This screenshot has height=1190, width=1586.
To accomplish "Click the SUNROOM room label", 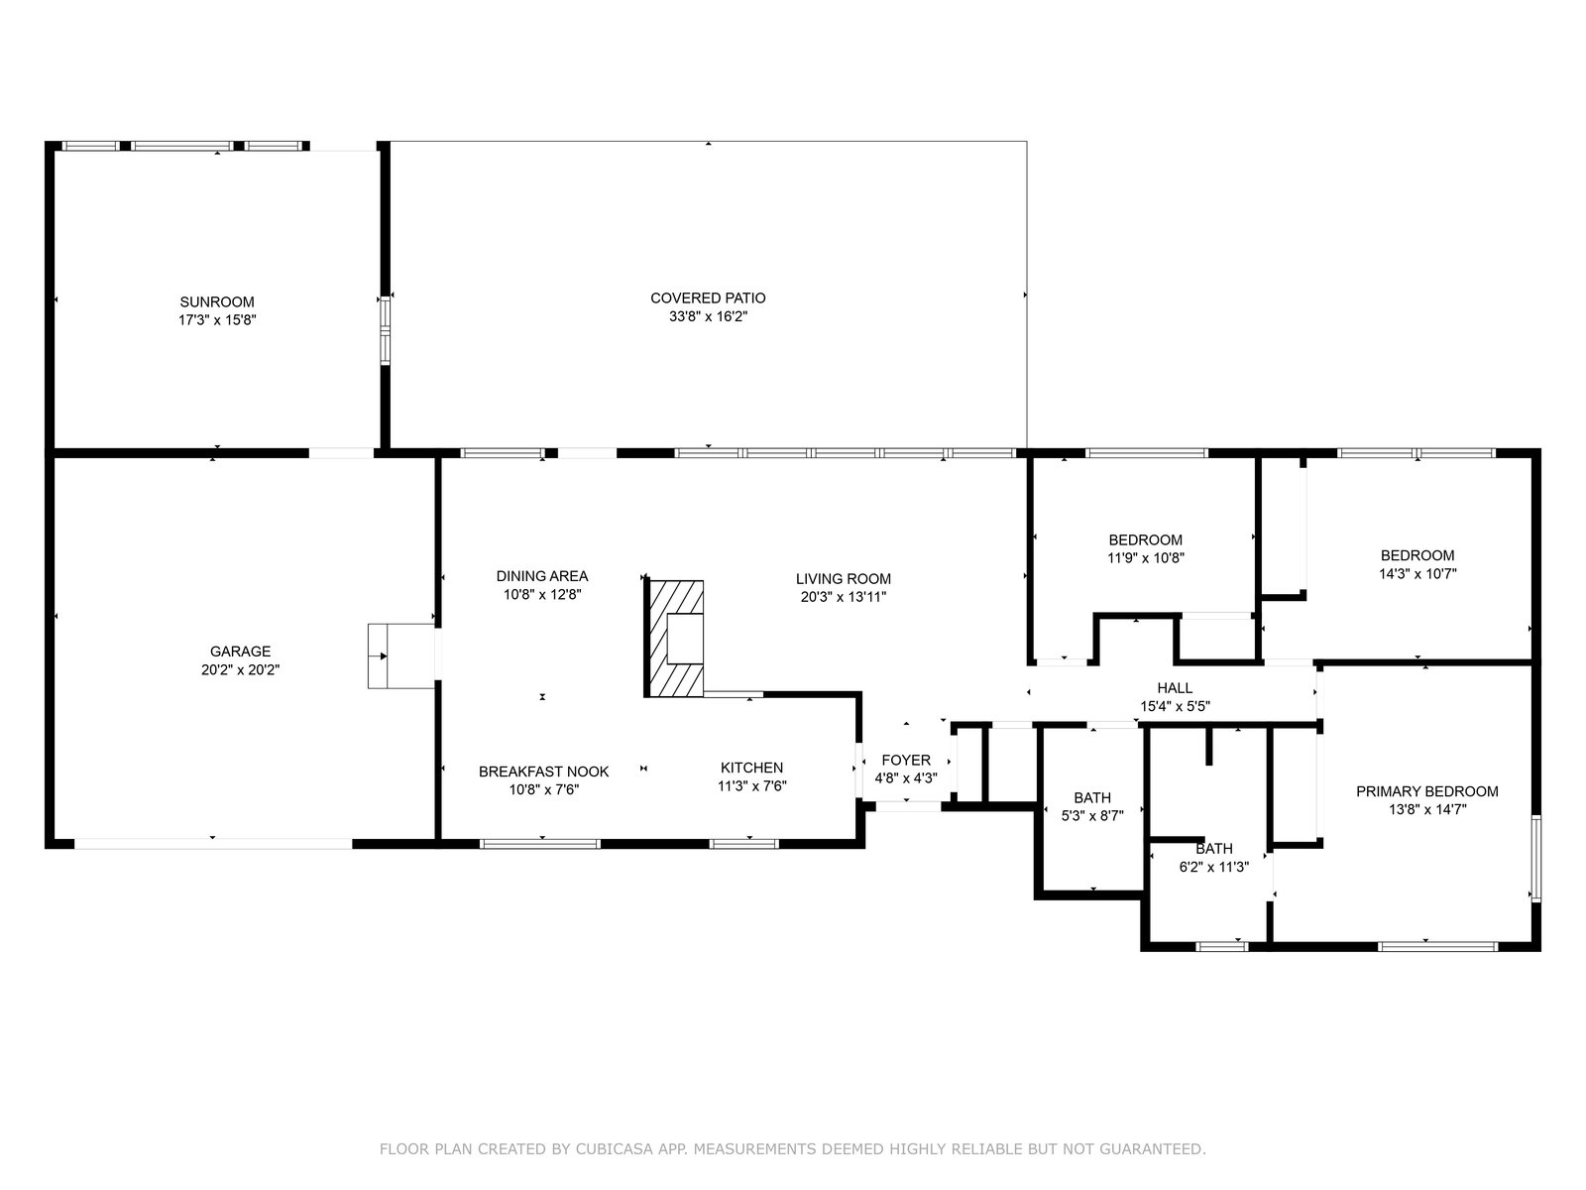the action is [x=217, y=302].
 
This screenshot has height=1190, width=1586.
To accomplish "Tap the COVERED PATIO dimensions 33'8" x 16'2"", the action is [x=708, y=316].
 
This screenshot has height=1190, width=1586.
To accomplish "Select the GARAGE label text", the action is [x=240, y=651].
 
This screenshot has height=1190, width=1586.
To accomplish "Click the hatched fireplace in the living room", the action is [x=675, y=639].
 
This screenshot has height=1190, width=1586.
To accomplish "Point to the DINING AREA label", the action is [x=542, y=576].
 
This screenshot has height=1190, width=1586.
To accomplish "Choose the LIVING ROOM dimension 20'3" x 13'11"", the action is [x=844, y=597].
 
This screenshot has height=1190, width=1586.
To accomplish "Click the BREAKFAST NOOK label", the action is [x=543, y=772].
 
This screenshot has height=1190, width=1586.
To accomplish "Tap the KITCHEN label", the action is [x=751, y=768].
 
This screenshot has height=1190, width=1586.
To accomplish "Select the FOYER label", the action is [x=906, y=760].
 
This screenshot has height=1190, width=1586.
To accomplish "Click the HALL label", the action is [x=1175, y=688].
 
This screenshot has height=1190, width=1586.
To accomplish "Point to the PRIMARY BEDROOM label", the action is [x=1427, y=791].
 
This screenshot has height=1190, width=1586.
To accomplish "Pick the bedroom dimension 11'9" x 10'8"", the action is [x=1146, y=557].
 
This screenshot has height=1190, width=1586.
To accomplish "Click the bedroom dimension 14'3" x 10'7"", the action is [x=1417, y=574].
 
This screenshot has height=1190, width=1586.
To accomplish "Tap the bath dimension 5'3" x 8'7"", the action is [x=1092, y=816].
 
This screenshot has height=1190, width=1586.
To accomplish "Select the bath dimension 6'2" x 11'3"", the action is [x=1214, y=867].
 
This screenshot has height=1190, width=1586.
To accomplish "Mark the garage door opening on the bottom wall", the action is [x=213, y=843].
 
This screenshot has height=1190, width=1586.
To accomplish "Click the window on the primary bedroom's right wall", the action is [x=1536, y=859].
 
